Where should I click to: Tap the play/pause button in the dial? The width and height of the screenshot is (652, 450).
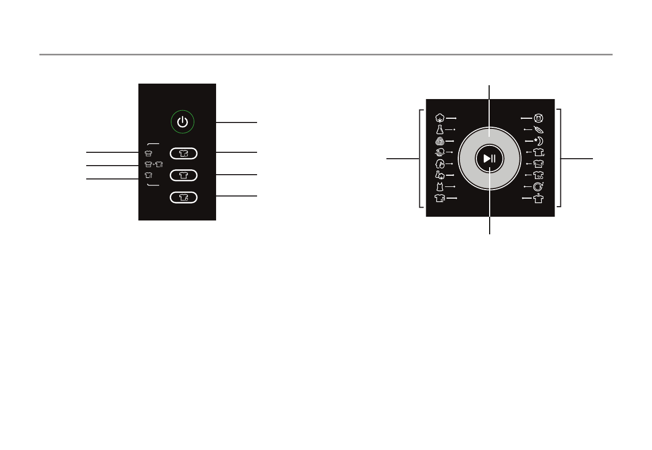point(490,158)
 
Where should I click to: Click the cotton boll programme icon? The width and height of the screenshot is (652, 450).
point(440,118)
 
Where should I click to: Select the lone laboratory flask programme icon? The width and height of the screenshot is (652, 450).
point(440,129)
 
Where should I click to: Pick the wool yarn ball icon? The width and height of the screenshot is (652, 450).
point(440,141)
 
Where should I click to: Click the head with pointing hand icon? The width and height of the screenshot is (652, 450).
point(440,164)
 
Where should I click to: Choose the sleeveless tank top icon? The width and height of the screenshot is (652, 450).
point(440,186)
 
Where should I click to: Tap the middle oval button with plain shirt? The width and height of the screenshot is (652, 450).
point(184,175)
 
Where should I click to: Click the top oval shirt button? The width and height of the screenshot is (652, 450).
point(184,153)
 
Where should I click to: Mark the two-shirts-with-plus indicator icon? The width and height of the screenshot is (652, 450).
point(153,165)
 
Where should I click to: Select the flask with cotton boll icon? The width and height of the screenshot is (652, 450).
point(440,175)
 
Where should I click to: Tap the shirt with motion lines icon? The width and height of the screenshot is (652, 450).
point(440,198)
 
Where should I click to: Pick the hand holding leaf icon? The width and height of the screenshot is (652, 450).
point(440,152)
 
